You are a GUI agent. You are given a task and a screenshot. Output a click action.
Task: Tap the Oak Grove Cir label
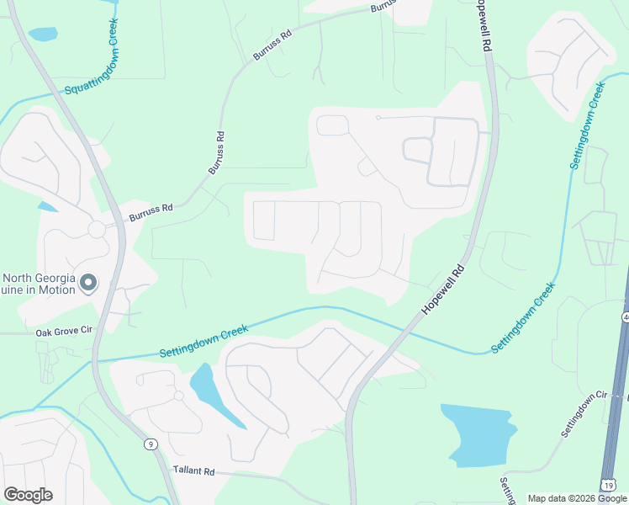[x=63, y=332]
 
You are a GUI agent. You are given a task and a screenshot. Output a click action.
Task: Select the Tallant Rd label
[x=195, y=470]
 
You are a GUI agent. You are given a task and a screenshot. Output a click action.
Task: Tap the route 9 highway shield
[x=151, y=444]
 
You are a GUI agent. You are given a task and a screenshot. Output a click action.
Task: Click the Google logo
[x=28, y=495]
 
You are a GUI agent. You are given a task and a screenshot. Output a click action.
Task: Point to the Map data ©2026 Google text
[x=576, y=498]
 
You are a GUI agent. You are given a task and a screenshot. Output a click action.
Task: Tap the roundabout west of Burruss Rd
[x=96, y=229]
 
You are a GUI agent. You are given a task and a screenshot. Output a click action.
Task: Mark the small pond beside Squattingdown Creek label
[x=43, y=35]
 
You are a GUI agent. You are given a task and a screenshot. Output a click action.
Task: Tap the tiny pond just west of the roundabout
[x=48, y=207]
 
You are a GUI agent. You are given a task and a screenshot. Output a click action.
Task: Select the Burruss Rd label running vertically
[x=217, y=152]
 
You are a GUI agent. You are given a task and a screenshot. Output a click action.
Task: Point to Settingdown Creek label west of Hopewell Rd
[x=204, y=342]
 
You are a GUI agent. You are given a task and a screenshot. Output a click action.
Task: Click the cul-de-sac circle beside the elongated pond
[x=178, y=396]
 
